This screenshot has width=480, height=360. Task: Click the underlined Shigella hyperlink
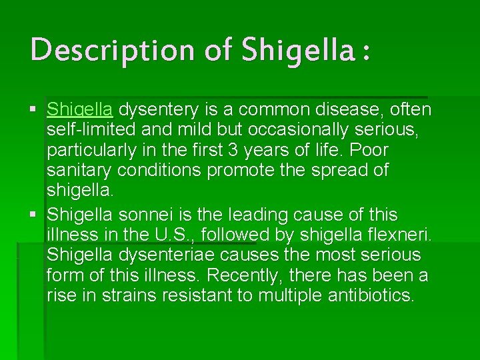pyautogui.click(x=79, y=109)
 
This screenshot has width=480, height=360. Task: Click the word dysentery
pyautogui.click(x=164, y=109)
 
